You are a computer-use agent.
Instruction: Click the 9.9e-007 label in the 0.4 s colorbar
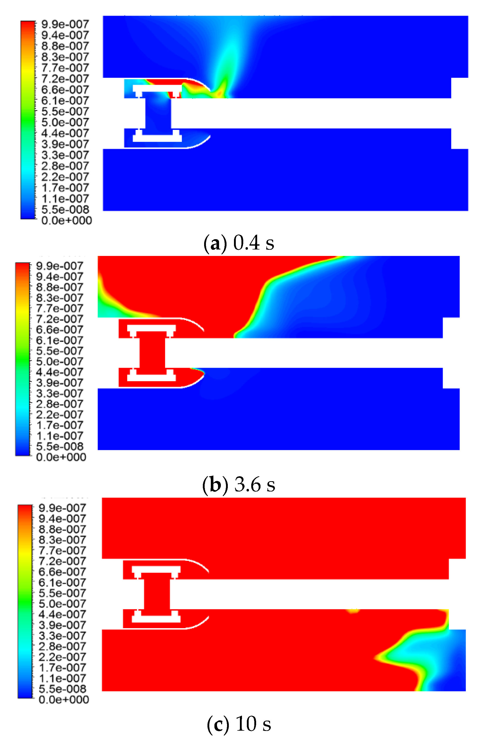pos(65,24)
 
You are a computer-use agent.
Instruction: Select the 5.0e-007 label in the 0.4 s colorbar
pos(65,122)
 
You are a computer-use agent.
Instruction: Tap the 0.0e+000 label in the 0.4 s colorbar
pos(67,220)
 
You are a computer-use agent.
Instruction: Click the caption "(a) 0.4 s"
pos(239,243)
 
